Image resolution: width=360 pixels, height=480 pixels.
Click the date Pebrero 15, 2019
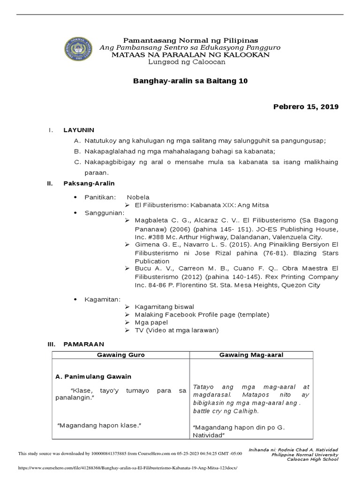pos(306,107)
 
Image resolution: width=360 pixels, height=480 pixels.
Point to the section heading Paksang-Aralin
pos(89,183)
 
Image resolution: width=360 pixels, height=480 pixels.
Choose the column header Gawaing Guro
pos(120,355)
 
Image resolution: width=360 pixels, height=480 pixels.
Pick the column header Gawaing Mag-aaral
pos(252,355)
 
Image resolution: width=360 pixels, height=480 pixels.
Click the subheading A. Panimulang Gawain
pos(93,376)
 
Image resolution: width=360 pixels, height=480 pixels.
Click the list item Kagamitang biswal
pos(164,307)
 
